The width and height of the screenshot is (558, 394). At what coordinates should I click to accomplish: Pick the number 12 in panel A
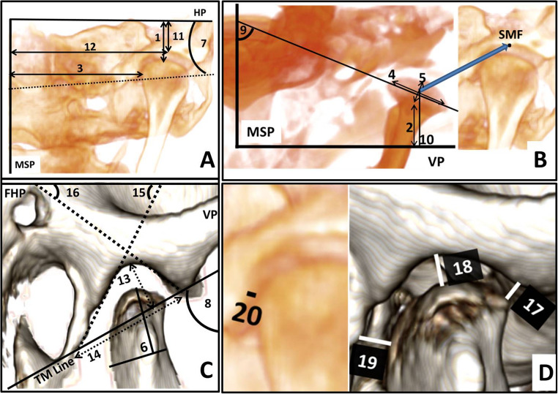(89, 46)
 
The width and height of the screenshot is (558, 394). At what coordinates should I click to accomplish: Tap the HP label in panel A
(203, 14)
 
